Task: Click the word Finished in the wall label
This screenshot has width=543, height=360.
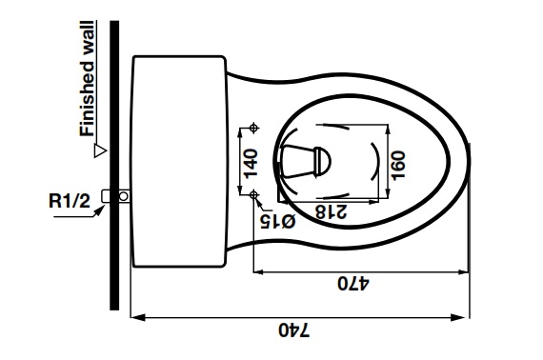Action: click(87, 99)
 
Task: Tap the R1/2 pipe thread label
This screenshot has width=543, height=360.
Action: click(70, 200)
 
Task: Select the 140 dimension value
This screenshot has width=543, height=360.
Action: click(251, 164)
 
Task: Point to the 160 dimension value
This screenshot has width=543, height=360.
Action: click(398, 165)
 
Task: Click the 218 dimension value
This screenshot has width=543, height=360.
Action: click(331, 211)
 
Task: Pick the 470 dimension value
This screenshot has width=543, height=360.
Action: click(353, 283)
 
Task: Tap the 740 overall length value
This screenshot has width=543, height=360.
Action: click(294, 330)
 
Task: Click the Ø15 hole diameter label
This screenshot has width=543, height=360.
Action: click(278, 222)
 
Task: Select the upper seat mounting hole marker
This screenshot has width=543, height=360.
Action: click(253, 128)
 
